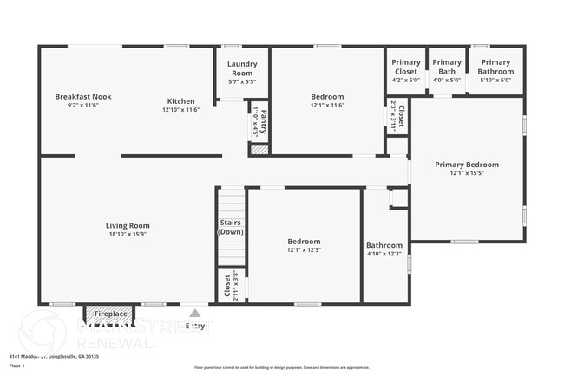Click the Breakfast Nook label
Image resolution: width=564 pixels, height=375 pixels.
pyautogui.click(x=83, y=96)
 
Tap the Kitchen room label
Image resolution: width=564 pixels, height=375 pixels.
pyautogui.click(x=181, y=101)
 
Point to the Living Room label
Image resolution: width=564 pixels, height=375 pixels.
pyautogui.click(x=128, y=226)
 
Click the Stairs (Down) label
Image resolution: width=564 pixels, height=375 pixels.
pyautogui.click(x=231, y=227)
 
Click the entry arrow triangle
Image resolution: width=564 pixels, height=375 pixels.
pyautogui.click(x=195, y=314)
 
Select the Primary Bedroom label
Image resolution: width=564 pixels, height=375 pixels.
pyautogui.click(x=467, y=165)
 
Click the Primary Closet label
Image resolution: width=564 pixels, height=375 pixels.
pyautogui.click(x=405, y=67)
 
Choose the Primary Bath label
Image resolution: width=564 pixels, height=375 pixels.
pyautogui.click(x=447, y=67)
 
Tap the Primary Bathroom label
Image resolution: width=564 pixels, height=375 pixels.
pyautogui.click(x=495, y=67)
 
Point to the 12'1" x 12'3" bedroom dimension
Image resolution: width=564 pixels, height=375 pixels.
pyautogui.click(x=304, y=250)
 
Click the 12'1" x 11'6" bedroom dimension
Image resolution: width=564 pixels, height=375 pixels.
pyautogui.click(x=327, y=106)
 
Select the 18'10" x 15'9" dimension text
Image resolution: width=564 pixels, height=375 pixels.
pyautogui.click(x=128, y=235)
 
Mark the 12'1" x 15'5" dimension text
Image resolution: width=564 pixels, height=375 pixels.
pyautogui.click(x=467, y=173)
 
